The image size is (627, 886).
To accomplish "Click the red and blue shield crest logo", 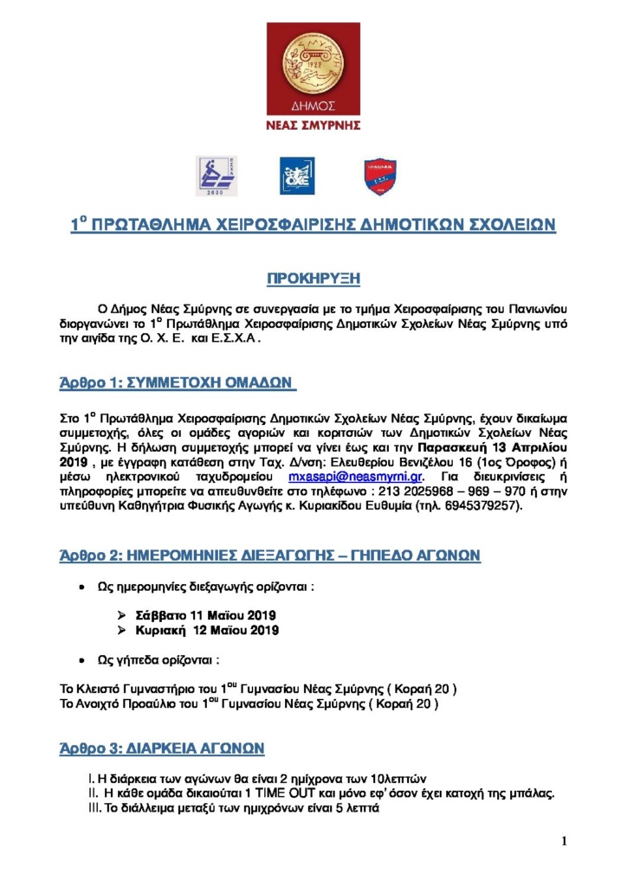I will click(380, 177).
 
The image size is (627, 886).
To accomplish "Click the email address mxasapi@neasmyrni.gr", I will click(354, 477).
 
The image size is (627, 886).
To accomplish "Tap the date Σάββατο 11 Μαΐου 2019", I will click(206, 614).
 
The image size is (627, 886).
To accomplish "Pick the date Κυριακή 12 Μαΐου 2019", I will click(206, 630).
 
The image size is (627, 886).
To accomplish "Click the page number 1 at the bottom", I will click(564, 841).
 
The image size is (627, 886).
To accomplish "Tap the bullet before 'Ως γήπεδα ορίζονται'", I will click(81, 660).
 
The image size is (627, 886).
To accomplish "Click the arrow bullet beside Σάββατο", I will click(122, 614).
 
